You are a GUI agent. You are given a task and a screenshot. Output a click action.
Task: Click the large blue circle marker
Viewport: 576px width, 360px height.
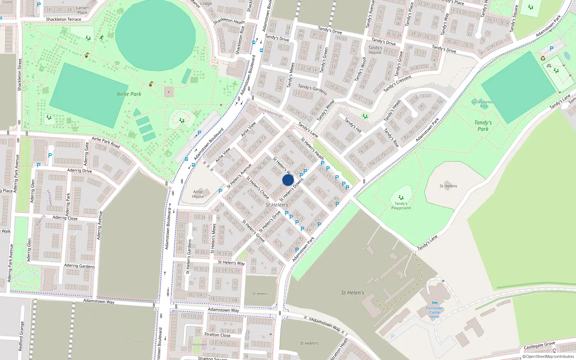point(288,180)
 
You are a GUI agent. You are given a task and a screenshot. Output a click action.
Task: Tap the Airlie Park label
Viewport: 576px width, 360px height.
point(129,94)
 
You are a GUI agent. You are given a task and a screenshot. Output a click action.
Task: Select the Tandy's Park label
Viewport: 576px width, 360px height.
point(483,126)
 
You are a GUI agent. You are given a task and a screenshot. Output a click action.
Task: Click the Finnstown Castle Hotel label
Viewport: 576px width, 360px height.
point(435,312)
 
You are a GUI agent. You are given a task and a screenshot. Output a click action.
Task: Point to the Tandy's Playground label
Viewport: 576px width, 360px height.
point(401,206)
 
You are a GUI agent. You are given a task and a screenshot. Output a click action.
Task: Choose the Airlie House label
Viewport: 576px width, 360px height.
point(198,194)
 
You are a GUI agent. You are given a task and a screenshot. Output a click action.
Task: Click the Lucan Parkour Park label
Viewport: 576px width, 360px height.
point(483,104)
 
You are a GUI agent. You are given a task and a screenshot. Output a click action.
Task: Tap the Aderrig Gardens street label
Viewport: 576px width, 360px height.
point(79,266)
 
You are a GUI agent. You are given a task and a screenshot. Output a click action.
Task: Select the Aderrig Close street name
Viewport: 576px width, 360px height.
point(65,218)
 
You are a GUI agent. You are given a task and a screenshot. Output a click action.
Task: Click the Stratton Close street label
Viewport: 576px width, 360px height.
point(217,335)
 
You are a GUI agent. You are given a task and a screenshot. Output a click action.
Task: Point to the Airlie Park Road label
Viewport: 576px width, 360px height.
point(105,142)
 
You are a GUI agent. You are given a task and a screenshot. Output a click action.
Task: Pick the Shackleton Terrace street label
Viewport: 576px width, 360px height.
point(63,19)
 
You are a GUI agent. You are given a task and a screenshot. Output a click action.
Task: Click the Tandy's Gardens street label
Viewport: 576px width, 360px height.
point(312,89)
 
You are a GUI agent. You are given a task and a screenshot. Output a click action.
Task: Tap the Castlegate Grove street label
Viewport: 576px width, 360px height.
point(539,345)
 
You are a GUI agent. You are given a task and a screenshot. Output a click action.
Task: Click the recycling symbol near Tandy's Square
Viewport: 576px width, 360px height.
point(543,58)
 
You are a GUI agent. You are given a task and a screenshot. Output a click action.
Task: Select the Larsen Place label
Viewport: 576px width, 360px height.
point(82,10)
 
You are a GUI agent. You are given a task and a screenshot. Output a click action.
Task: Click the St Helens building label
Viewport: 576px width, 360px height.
point(448,186)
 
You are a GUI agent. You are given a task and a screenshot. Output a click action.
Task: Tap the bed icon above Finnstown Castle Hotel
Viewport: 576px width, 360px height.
point(435,303)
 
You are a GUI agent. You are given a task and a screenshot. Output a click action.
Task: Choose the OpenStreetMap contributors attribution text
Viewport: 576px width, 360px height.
point(548,357)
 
